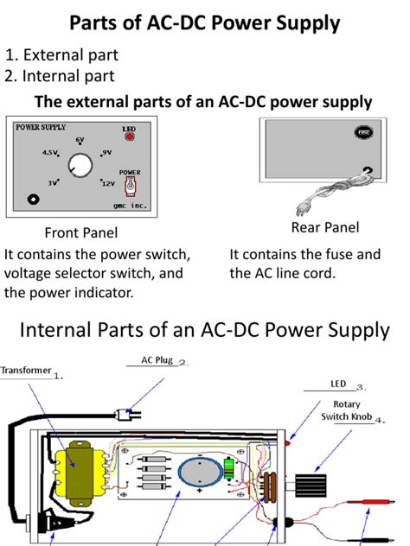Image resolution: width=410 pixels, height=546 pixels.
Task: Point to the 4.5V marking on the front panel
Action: click(x=49, y=153)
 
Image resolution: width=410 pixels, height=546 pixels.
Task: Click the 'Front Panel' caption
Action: click(x=80, y=233)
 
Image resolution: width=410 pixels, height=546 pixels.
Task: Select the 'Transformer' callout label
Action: click(x=26, y=371)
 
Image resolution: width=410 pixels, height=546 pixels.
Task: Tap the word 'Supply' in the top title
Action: click(x=300, y=22)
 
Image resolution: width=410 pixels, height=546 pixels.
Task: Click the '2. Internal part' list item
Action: click(x=60, y=77)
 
